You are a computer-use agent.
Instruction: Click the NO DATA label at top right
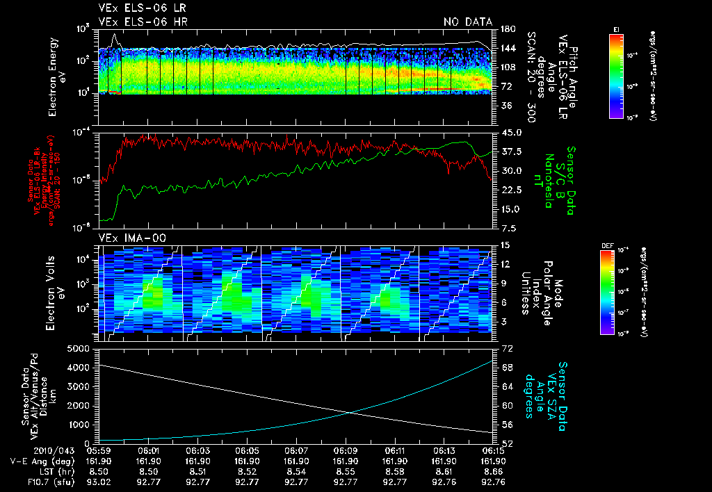click(468, 22)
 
